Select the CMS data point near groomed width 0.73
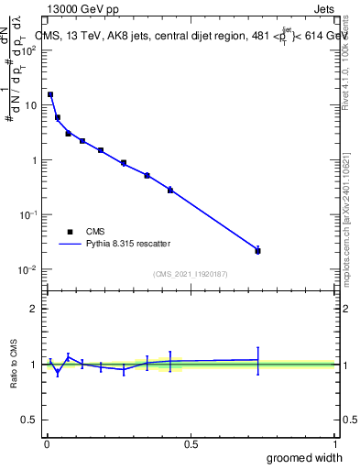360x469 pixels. click(x=257, y=250)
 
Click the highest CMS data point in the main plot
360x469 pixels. click(x=50, y=94)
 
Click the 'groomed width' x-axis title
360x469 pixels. click(x=305, y=457)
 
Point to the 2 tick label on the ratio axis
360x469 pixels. click(x=33, y=309)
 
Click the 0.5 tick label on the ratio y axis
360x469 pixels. click(x=29, y=420)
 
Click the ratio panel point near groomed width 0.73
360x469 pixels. click(x=257, y=360)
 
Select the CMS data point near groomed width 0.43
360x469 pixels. click(x=170, y=190)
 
